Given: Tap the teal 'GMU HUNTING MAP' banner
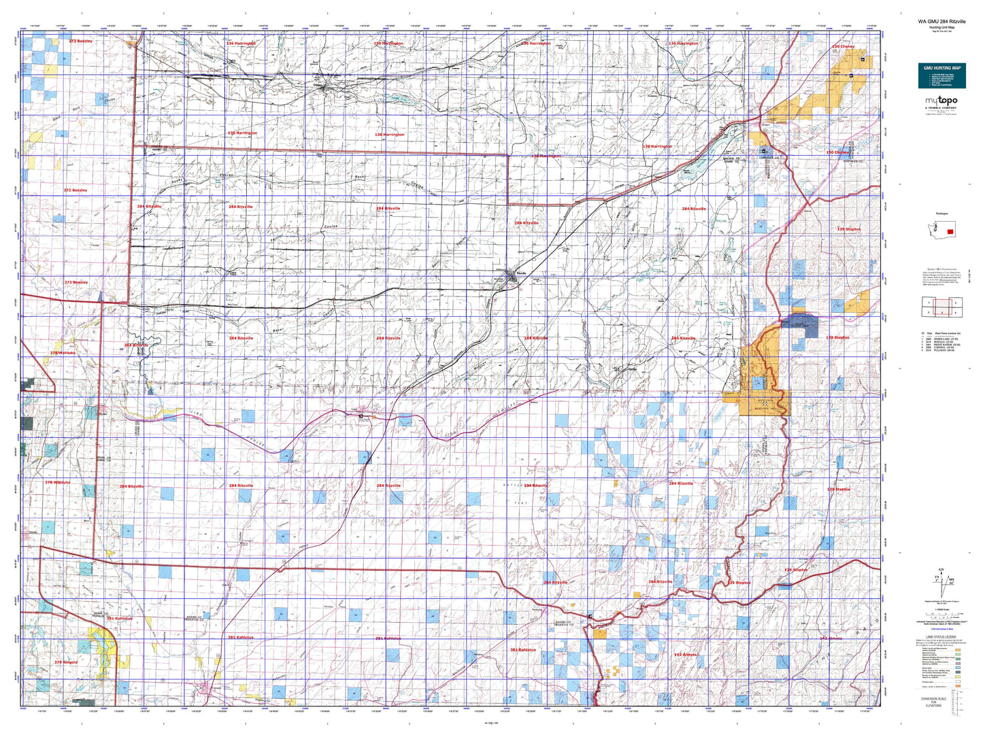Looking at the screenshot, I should pos(942,75).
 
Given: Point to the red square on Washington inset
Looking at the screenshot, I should pos(950,232).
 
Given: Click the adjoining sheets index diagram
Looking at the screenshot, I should pos(941,307).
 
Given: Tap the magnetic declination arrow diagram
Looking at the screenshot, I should pos(942,582).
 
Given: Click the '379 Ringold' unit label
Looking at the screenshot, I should pos(66,662).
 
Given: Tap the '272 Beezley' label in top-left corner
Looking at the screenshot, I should pos(80,41).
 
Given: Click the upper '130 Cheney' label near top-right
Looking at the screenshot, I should pos(843,47).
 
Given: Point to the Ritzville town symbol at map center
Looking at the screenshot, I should pos(520,273).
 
